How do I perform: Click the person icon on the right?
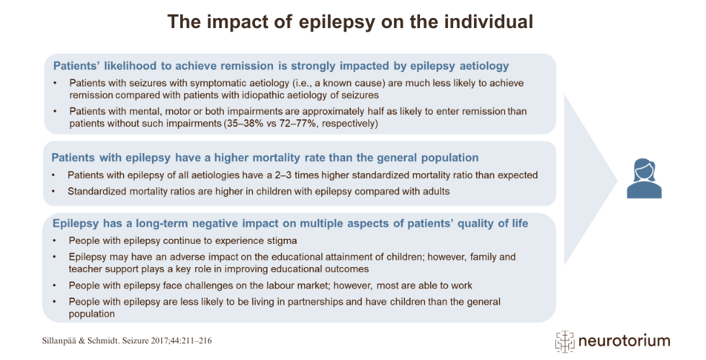643,179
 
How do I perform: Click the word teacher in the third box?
86,269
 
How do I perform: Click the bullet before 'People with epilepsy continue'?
56,240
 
